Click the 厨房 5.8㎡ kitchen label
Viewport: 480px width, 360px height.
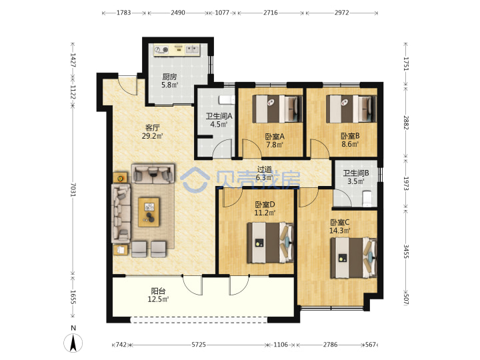coord(169,81)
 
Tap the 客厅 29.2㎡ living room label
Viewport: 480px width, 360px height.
coord(152,132)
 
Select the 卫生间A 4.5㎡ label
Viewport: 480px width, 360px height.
coord(219,120)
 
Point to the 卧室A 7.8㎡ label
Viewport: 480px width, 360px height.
coord(275,141)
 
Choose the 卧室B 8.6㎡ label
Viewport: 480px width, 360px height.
coord(350,140)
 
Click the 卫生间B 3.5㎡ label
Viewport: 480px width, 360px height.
coord(356,177)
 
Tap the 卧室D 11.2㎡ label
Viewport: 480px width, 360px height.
coord(265,209)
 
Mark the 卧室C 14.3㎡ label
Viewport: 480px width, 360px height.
coord(339,227)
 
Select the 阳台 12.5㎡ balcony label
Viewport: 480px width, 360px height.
coord(158,295)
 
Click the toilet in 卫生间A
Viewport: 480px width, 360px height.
coord(227,100)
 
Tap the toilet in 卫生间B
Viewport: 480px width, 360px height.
coord(367,199)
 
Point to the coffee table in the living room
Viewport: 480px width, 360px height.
coord(149,212)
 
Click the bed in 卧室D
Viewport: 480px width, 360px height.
coord(270,243)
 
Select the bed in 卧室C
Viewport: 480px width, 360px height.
coord(353,258)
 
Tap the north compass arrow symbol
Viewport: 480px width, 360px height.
coord(73,343)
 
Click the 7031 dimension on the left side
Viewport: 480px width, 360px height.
coord(73,189)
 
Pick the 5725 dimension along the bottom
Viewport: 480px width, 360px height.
coord(199,345)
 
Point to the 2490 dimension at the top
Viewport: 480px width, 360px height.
coord(178,13)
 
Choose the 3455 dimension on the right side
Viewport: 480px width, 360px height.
coord(405,251)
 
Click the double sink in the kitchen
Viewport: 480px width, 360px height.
coord(193,49)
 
